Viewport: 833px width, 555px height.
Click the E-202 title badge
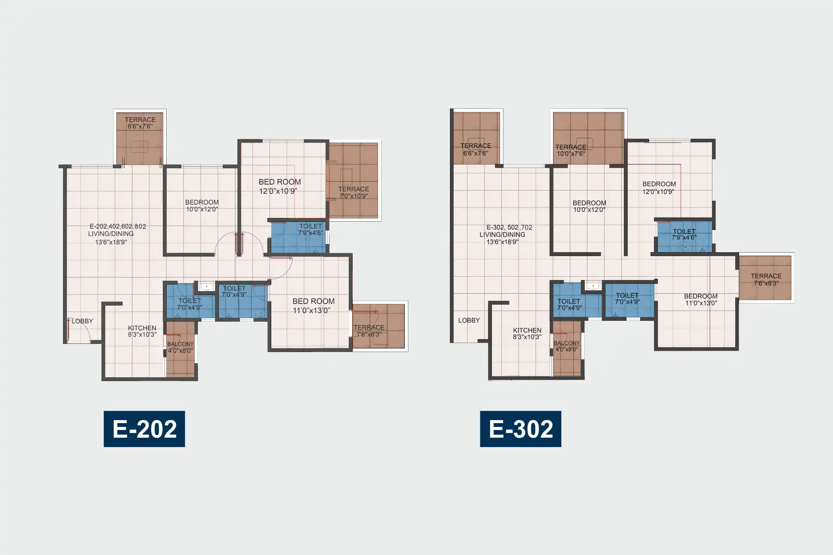(x=144, y=429)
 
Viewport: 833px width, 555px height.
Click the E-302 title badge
(x=521, y=429)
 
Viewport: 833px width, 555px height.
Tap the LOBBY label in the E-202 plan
(x=82, y=321)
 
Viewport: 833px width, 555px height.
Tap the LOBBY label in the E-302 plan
(x=469, y=320)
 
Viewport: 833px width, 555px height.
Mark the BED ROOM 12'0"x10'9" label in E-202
(x=279, y=186)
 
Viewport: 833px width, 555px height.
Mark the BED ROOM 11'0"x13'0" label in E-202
(x=313, y=306)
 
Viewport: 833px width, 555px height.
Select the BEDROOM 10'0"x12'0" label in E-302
(x=590, y=206)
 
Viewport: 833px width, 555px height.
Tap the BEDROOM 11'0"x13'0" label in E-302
(x=701, y=299)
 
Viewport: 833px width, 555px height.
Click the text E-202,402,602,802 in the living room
(x=118, y=226)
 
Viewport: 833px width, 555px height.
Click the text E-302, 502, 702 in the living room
(x=509, y=227)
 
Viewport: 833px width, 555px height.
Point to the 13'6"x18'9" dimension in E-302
(x=503, y=242)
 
